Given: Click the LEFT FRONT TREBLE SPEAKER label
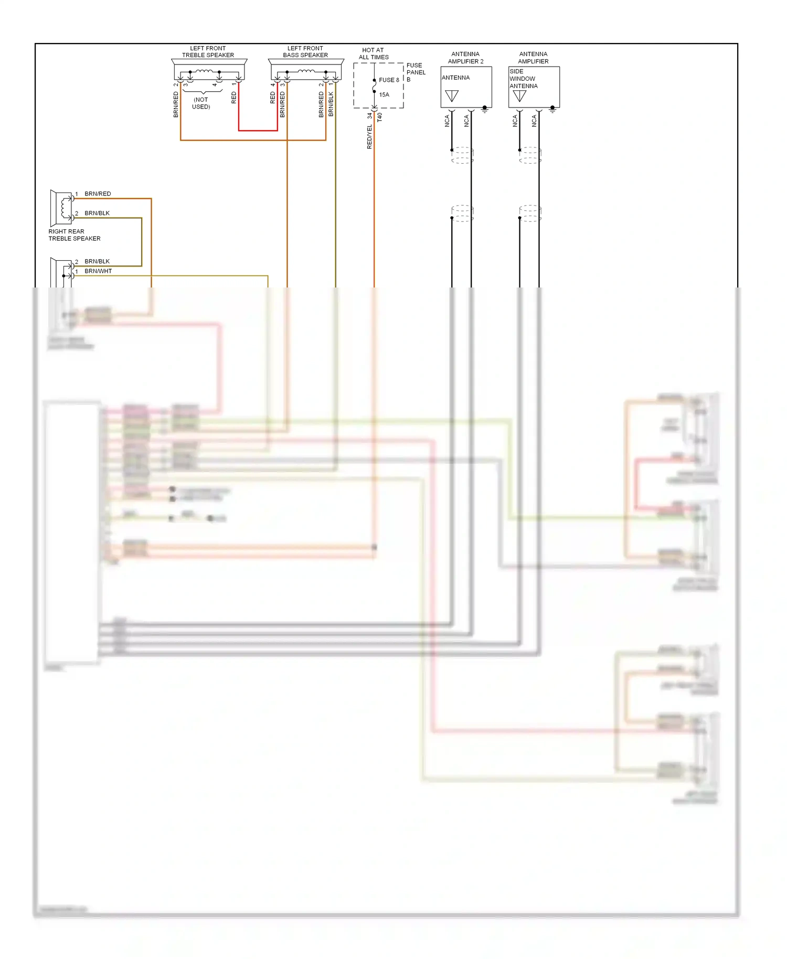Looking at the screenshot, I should [x=208, y=51].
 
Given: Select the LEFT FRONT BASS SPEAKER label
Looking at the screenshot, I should [x=305, y=51].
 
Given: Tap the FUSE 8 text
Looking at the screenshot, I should [x=389, y=80].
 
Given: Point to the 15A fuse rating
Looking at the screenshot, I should [x=384, y=95].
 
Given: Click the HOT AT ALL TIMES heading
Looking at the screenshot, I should [x=373, y=54].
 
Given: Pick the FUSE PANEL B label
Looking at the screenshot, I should [x=416, y=72].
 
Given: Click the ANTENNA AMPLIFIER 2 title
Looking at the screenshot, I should [x=465, y=58].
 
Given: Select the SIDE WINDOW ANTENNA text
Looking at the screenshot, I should [x=523, y=79].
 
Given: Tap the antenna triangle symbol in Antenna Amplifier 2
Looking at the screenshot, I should [x=452, y=96].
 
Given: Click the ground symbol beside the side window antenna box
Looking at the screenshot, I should [x=552, y=109].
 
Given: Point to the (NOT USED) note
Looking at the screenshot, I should [x=201, y=103].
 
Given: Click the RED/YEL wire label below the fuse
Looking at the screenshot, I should [x=369, y=137].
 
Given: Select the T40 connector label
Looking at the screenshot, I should [x=380, y=118].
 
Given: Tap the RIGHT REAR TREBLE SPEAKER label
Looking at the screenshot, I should [x=74, y=235].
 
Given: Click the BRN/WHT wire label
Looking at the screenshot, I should [x=98, y=271].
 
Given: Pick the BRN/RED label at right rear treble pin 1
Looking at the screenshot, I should [x=98, y=194].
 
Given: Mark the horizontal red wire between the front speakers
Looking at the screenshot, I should [x=258, y=130].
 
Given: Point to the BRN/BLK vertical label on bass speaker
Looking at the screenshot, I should [x=331, y=104].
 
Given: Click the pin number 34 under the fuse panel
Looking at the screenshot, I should [x=369, y=115].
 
